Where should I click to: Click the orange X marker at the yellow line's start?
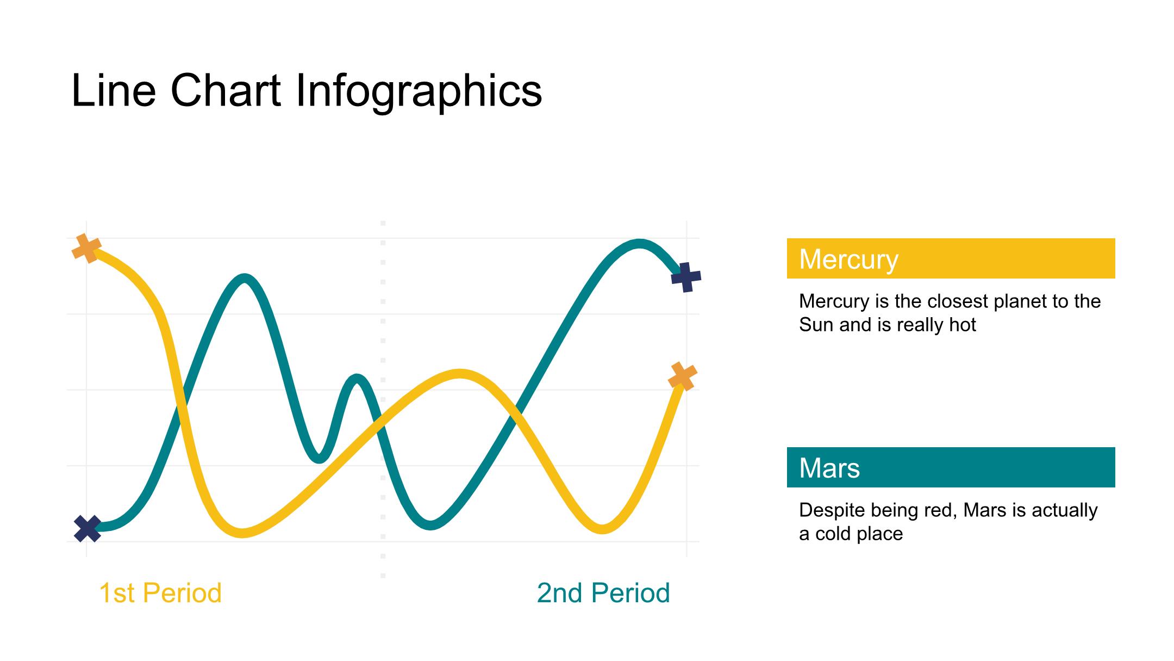tap(86, 248)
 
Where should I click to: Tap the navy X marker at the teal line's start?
tap(87, 528)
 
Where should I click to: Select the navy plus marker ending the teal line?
tap(686, 277)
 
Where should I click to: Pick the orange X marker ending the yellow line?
tap(682, 376)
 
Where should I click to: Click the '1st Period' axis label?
tap(160, 593)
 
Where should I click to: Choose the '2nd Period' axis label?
tap(603, 593)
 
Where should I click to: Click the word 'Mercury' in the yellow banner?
tap(848, 260)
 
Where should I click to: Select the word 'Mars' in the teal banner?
tap(829, 468)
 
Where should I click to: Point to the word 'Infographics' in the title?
tap(419, 91)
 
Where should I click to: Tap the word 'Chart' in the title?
tap(226, 90)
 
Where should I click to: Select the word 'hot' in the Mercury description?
tap(963, 325)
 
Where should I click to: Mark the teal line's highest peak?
tap(639, 243)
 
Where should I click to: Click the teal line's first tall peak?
tap(245, 279)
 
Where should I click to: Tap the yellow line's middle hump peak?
tap(460, 374)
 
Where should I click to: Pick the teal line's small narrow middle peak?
tap(357, 379)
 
